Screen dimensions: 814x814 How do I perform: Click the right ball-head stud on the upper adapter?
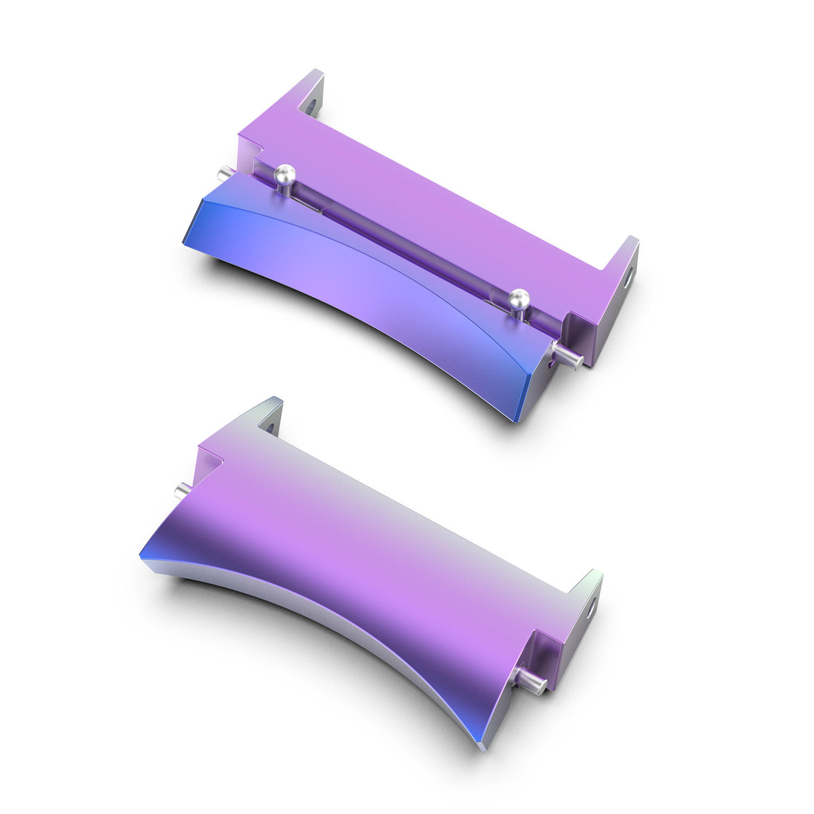click(519, 298)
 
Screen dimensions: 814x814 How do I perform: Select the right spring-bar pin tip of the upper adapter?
click(576, 360)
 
